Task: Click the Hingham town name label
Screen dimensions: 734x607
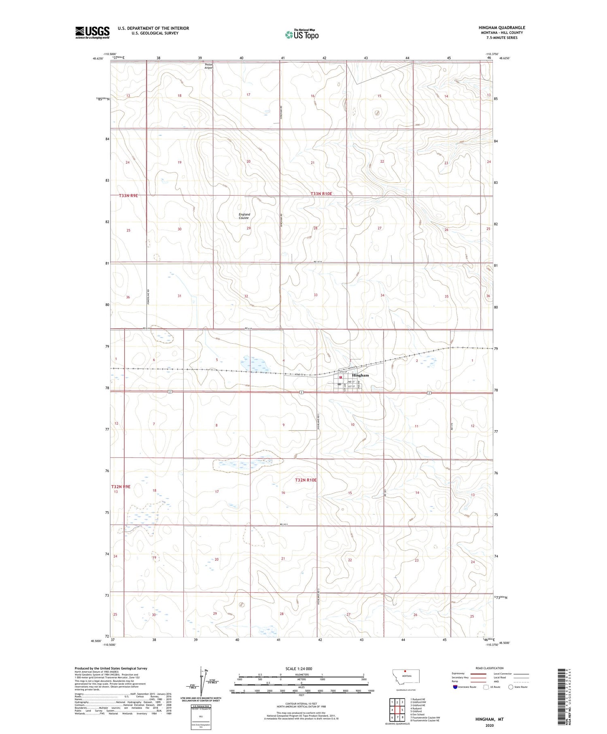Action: click(x=360, y=375)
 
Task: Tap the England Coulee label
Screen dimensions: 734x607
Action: click(x=244, y=216)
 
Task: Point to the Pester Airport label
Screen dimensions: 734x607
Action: click(x=209, y=66)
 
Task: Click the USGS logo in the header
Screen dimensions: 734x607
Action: click(x=92, y=32)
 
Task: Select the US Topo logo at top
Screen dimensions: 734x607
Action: click(x=302, y=35)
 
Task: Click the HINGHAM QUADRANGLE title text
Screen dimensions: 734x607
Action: click(x=502, y=28)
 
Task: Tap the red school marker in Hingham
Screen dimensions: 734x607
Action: click(x=341, y=377)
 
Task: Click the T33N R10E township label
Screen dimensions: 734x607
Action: click(x=321, y=194)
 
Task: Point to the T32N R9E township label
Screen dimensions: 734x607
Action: click(x=121, y=487)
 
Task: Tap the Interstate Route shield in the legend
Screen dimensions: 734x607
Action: click(x=455, y=687)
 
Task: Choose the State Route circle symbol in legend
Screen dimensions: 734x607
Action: click(x=511, y=687)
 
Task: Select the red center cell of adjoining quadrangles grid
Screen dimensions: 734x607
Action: click(x=402, y=710)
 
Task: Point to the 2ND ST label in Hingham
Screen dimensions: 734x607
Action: click(x=350, y=382)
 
